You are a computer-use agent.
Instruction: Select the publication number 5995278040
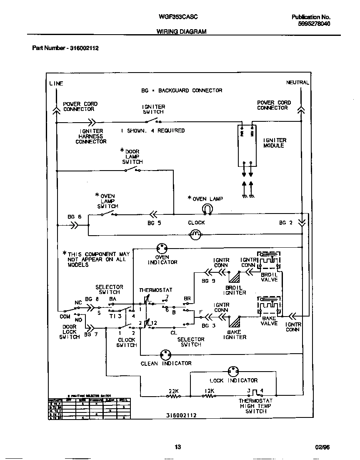pos(314,24)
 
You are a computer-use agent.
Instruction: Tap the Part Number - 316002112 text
pos(65,48)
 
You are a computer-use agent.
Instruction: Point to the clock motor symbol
pos(195,235)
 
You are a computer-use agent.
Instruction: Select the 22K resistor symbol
pos(173,397)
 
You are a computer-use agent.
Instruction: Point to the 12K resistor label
pos(209,391)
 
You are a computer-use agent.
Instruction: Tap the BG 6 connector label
pos(75,217)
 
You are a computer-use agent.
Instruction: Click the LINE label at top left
pos(56,83)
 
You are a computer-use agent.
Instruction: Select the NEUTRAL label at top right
pos(297,83)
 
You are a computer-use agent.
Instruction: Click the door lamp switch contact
pos(132,169)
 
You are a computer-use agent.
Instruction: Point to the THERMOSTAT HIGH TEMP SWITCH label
pos(255,406)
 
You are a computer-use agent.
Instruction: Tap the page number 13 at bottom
pos(177,447)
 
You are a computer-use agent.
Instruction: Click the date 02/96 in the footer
pos(322,447)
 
